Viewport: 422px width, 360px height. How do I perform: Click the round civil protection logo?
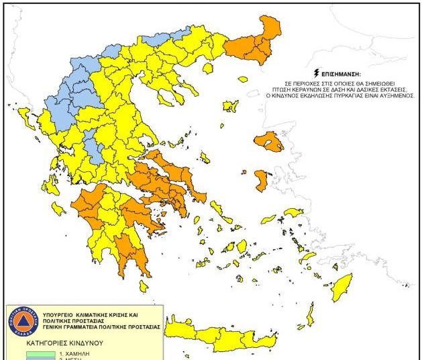(24, 322)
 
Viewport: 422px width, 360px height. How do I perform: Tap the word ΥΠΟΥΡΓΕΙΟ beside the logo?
(62, 314)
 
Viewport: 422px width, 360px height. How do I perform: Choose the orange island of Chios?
(262, 180)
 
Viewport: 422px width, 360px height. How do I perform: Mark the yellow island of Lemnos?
(231, 106)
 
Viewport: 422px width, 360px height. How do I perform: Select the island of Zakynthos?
(58, 209)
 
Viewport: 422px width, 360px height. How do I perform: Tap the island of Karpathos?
(310, 314)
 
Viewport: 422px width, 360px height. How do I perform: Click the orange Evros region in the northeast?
(268, 34)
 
